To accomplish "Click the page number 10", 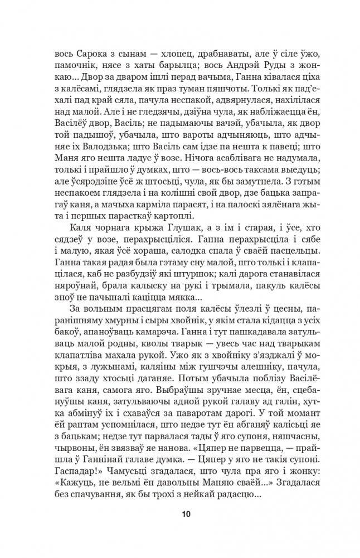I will pyautogui.click(x=179, y=513).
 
